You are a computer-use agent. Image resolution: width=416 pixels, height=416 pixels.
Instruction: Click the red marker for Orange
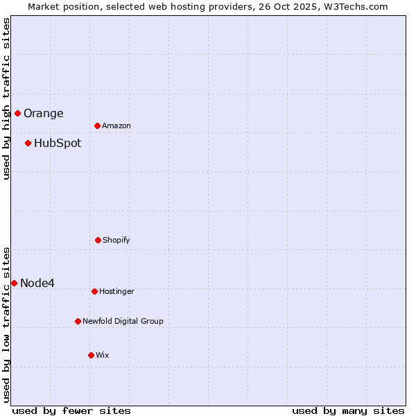coord(17,113)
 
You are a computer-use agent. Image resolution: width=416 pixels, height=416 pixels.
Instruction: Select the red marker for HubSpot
coord(28,143)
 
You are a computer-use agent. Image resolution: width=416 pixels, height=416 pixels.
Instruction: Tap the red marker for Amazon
coord(97,125)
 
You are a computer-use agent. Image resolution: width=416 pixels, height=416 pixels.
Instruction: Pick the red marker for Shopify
coord(98,240)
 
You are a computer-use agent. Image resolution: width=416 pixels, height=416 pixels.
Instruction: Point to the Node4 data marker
coord(14,283)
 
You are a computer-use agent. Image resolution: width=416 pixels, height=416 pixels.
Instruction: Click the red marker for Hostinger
coord(94,291)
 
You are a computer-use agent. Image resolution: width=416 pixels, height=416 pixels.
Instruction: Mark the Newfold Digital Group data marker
coord(78,321)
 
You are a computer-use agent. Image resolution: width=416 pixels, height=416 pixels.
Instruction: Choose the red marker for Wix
coord(91,355)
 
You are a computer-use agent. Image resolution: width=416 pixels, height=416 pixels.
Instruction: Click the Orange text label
coord(43,114)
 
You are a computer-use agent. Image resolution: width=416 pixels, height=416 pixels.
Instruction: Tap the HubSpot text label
coord(58,144)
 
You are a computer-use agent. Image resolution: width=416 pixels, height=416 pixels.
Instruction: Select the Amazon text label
coord(116,126)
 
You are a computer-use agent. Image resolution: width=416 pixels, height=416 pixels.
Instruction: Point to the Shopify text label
coord(116,241)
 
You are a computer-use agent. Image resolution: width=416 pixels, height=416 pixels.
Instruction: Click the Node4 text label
coord(37,283)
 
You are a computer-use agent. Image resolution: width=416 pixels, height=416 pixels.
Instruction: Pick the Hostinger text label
coord(116,292)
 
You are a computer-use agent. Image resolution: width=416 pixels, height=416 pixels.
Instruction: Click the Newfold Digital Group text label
coord(123,322)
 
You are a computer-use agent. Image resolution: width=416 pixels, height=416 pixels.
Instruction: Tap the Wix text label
coord(103,356)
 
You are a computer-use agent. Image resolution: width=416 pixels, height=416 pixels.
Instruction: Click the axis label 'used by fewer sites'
coord(71,411)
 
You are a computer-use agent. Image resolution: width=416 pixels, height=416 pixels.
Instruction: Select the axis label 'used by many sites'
coord(348,411)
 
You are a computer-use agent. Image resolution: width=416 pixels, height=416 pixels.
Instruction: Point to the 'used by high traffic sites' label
coord(6,98)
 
